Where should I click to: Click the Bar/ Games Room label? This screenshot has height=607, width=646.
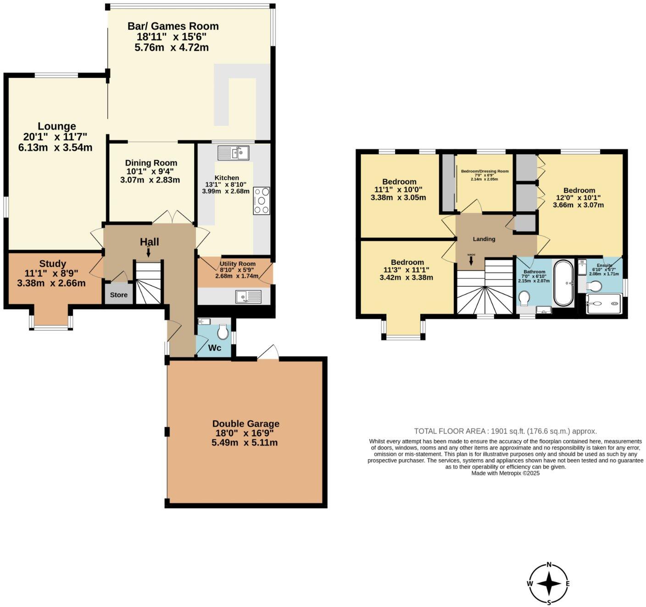tap(173, 26)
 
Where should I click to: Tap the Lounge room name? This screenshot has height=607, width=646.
tap(56, 126)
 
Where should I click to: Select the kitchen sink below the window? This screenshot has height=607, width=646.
tap(233, 152)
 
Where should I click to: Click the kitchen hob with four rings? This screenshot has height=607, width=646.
tap(262, 200)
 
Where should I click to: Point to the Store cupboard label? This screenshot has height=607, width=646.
tap(118, 295)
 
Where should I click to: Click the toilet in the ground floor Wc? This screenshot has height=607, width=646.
tap(223, 331)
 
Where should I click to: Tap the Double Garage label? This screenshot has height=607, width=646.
tap(245, 423)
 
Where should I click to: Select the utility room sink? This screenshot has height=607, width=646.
tap(248, 296)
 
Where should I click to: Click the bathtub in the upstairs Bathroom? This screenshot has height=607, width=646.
tap(563, 283)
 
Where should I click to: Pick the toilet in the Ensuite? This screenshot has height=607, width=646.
tap(595, 286)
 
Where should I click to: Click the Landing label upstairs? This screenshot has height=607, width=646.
tap(484, 239)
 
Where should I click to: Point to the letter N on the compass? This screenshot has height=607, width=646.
tap(549, 565)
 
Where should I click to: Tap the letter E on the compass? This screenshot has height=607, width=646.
tap(568, 584)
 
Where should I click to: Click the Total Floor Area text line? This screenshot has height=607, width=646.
tap(505, 431)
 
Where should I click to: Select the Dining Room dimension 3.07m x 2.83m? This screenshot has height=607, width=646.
tap(150, 180)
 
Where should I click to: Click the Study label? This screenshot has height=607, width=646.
tap(53, 263)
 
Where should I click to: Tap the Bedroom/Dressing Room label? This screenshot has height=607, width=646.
tap(484, 171)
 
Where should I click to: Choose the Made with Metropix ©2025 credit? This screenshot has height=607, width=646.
tap(505, 473)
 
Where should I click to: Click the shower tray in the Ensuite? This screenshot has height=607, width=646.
tap(604, 304)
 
